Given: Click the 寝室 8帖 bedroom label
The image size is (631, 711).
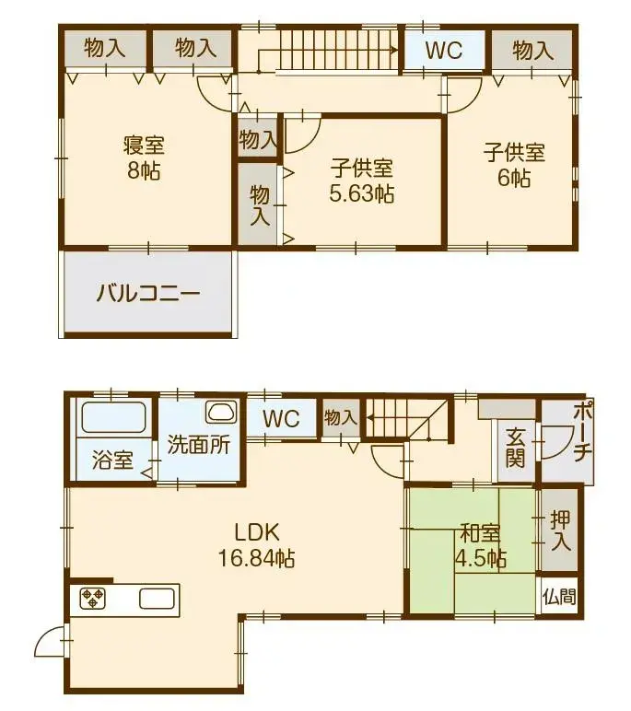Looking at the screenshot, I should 145,158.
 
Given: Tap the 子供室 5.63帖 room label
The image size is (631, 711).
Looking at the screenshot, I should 362,181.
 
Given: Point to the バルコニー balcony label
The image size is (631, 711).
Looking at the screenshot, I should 147,296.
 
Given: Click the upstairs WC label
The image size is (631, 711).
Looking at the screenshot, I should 444,50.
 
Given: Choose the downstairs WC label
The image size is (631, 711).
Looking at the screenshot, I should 281,419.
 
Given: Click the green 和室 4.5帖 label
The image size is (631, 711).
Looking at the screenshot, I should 480,545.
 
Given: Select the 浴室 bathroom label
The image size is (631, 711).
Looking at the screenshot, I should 113,460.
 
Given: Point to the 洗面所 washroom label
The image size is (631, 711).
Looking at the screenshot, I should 198,444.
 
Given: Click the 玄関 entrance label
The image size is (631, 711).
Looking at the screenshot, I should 515,446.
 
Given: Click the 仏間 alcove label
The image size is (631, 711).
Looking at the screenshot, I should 559,597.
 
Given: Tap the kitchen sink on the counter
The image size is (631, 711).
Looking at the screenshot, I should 158,599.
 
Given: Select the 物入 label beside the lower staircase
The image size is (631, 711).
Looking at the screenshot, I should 340,417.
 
